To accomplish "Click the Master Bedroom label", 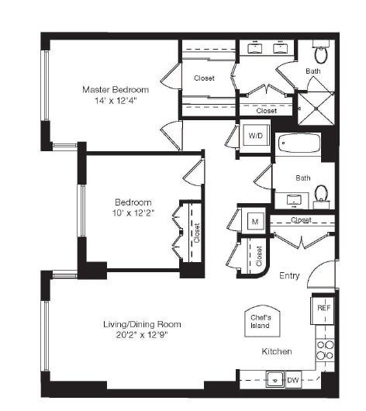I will tap(116, 89).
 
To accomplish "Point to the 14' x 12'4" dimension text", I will tap(116, 101).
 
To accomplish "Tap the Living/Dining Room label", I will tap(143, 324).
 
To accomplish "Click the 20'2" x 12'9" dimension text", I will tap(143, 336).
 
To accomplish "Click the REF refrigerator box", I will tap(323, 308).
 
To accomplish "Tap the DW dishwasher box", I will tap(294, 380).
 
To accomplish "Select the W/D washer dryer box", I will tap(254, 136).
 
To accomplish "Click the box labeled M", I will tap(254, 221).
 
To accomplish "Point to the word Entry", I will tap(289, 275).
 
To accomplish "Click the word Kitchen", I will tap(276, 351).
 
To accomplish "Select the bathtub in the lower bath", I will tap(298, 145).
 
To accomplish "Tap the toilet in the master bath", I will tap(322, 54).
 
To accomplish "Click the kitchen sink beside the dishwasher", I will tap(273, 379).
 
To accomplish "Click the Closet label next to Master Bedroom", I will tap(204, 78).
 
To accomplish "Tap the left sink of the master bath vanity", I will tap(254, 48).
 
